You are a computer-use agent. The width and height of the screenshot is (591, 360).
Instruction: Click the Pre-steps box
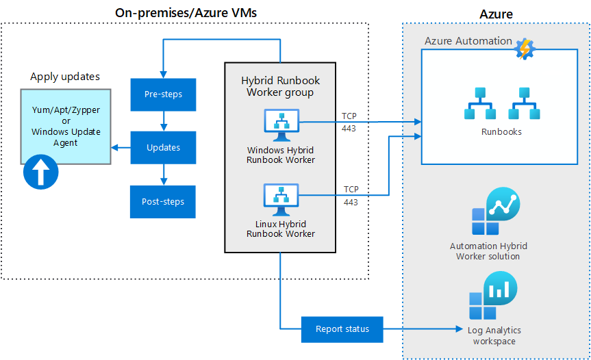click(163, 94)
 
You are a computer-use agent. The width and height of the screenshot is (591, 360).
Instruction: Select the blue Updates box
click(163, 147)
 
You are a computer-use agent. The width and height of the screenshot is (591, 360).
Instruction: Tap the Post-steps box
click(163, 201)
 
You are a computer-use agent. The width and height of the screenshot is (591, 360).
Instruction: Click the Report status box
click(342, 329)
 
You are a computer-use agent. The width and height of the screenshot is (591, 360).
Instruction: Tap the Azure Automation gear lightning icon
click(525, 49)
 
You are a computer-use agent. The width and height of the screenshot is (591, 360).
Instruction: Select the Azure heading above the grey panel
click(495, 14)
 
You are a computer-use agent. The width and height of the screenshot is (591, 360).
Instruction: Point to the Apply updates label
click(65, 77)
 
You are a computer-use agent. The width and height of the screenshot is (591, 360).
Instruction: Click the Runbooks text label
click(501, 131)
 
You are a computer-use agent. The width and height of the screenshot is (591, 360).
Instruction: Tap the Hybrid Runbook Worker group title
click(280, 86)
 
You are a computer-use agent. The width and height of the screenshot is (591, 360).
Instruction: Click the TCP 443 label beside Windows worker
click(350, 121)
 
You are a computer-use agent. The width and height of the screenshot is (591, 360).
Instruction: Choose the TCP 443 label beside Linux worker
click(351, 195)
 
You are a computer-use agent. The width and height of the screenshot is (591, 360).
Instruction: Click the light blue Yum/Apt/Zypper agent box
click(65, 127)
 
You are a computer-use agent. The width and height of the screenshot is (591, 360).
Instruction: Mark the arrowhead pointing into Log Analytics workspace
click(460, 329)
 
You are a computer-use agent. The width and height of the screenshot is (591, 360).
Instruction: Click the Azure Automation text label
click(468, 41)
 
